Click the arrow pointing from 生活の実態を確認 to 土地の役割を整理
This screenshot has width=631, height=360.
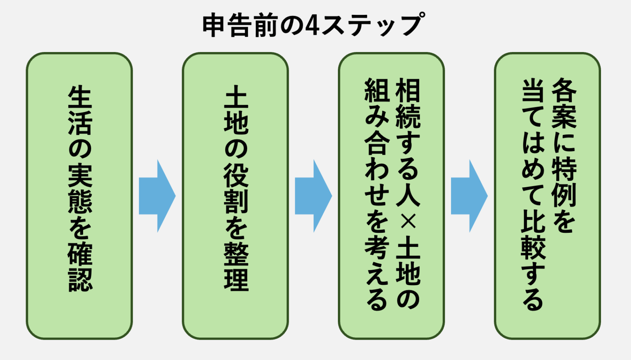[x=157, y=196]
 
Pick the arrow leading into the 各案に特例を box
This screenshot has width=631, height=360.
[x=469, y=196]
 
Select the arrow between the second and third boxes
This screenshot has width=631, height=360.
[x=313, y=196]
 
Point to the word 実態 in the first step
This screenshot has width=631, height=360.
[x=80, y=188]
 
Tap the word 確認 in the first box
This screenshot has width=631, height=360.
[x=80, y=266]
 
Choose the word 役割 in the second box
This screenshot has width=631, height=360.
[x=236, y=188]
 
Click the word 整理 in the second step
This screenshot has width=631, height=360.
[x=236, y=266]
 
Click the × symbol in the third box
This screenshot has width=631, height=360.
[x=407, y=222]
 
